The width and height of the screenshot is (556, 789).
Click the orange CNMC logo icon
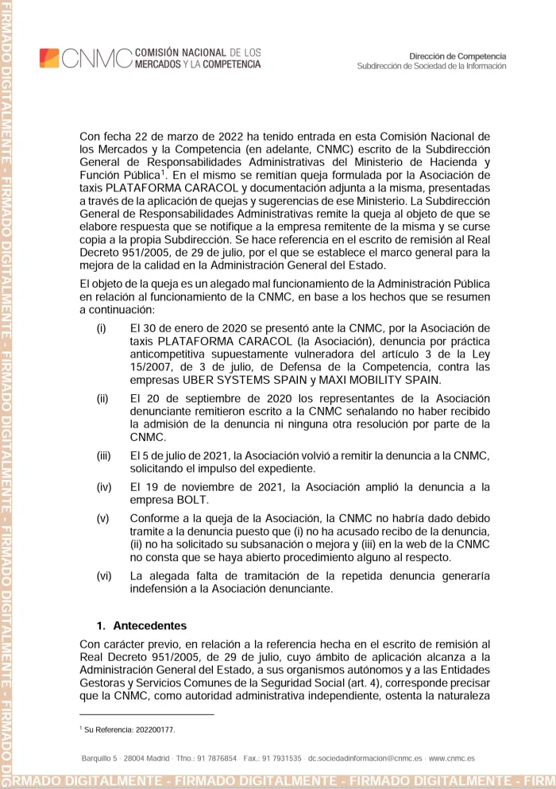(49, 58)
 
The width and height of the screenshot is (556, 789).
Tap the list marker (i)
(101, 328)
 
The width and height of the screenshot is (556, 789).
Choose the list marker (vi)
(103, 575)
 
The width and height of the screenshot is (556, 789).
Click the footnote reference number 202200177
(154, 729)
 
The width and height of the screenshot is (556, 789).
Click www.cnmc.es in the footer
(452, 759)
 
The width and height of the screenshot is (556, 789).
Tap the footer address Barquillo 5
(100, 759)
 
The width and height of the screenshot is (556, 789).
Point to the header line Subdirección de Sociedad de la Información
(431, 66)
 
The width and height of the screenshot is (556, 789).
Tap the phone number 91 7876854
(209, 759)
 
